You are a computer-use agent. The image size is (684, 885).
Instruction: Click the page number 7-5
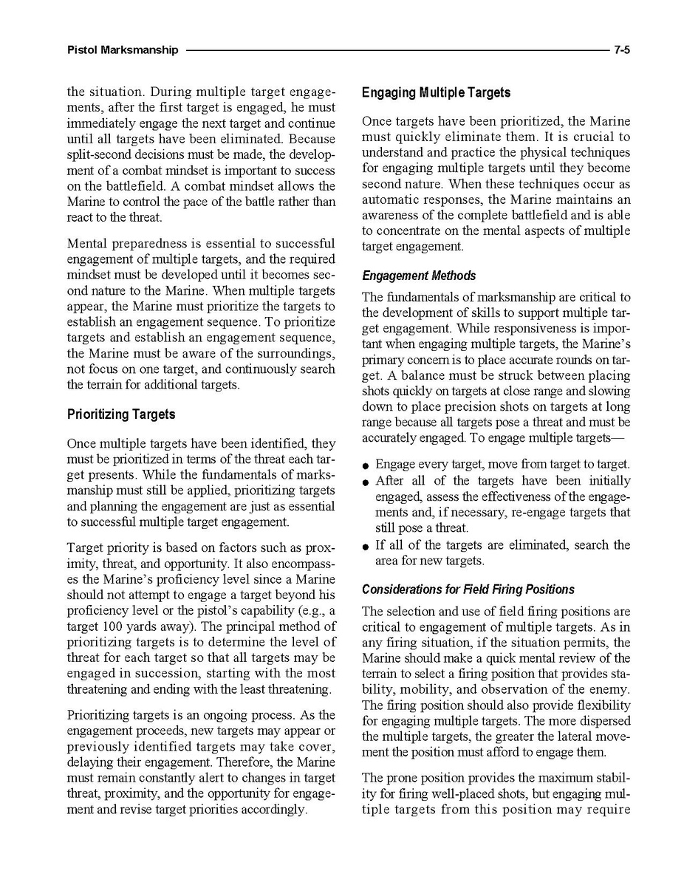click(621, 50)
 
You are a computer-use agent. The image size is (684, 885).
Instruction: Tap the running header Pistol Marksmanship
click(122, 50)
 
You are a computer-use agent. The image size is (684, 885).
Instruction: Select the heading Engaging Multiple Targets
click(436, 93)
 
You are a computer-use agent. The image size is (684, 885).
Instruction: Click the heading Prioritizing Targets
click(120, 414)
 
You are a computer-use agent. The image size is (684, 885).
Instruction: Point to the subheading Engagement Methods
click(418, 276)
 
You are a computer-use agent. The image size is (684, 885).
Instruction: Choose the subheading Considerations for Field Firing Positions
click(468, 590)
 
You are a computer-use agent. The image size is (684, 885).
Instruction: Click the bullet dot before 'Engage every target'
click(366, 466)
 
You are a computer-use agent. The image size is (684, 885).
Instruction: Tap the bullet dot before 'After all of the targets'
click(366, 482)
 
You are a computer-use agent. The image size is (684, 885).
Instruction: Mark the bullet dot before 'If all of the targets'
click(366, 547)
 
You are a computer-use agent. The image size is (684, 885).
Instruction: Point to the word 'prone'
click(402, 778)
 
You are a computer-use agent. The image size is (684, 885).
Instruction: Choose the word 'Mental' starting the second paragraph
click(87, 243)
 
